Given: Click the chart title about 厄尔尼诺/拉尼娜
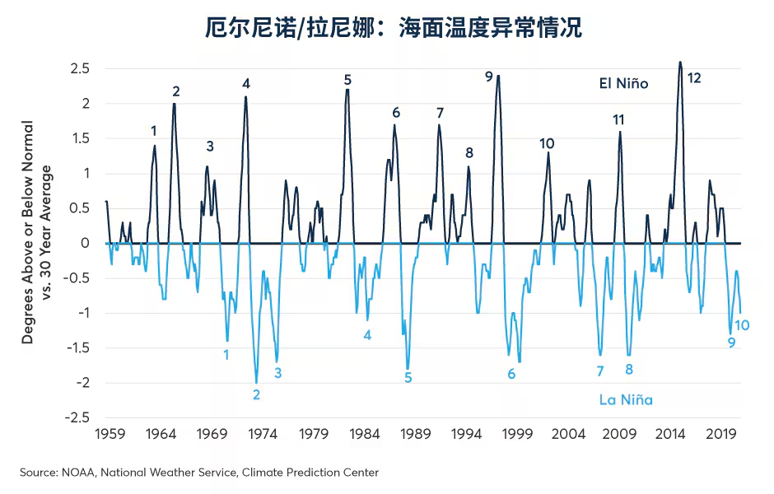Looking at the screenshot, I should pyautogui.click(x=394, y=28).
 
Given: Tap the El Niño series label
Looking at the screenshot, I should pyautogui.click(x=623, y=83).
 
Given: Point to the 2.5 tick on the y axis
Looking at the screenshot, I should pyautogui.click(x=80, y=68).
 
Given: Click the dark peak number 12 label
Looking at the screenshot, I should pyautogui.click(x=694, y=78).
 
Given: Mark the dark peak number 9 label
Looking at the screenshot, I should pyautogui.click(x=489, y=77).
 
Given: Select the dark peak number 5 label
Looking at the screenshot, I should pyautogui.click(x=347, y=80).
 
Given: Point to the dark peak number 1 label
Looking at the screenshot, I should pyautogui.click(x=153, y=130).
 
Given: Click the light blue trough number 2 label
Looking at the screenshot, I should pyautogui.click(x=257, y=394).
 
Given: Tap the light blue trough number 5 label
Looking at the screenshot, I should pyautogui.click(x=408, y=378).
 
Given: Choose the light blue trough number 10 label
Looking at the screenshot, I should pyautogui.click(x=741, y=325).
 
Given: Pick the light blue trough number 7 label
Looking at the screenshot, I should pyautogui.click(x=600, y=371).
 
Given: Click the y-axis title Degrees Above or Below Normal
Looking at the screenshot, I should pyautogui.click(x=28, y=232).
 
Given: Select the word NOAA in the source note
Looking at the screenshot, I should pyautogui.click(x=73, y=473).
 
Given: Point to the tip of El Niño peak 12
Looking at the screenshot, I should pyautogui.click(x=680, y=62).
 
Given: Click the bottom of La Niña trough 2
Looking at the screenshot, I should pyautogui.click(x=256, y=383).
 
